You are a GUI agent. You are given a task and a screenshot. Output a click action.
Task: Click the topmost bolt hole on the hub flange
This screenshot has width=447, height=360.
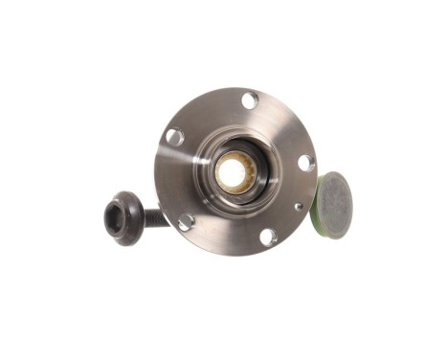(x=249, y=101)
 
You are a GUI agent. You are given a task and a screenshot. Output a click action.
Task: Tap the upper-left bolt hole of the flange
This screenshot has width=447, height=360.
(x=175, y=136)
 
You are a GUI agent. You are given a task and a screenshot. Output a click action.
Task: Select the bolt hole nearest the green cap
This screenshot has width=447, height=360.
(x=306, y=162)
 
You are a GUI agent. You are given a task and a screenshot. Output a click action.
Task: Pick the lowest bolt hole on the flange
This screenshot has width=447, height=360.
(x=268, y=236)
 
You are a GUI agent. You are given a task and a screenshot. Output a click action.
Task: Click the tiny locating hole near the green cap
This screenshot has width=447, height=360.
(x=299, y=204)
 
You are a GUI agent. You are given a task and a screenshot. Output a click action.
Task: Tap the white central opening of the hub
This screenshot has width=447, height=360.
(x=231, y=172)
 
